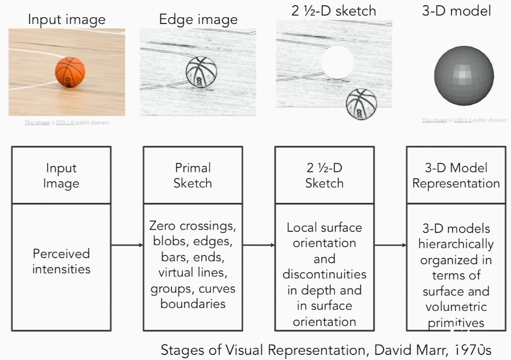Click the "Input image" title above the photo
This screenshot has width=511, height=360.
(66, 19)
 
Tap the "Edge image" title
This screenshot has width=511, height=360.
(198, 20)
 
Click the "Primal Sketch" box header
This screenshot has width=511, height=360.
(193, 175)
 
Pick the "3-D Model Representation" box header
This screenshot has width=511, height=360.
(456, 175)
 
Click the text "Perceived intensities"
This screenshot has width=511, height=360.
(61, 261)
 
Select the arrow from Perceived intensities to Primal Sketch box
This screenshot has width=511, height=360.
(126, 245)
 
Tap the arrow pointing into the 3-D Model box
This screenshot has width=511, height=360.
(390, 245)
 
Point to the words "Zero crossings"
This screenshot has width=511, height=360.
(193, 225)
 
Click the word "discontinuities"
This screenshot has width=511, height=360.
(324, 274)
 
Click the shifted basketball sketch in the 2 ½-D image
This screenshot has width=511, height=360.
(361, 103)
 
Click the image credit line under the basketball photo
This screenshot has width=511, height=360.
(66, 122)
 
